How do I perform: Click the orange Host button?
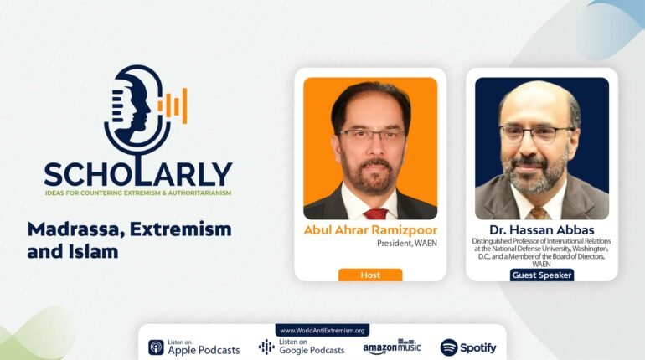tap(370, 275)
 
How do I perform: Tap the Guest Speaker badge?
tap(542, 275)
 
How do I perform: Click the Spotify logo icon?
tap(449, 347)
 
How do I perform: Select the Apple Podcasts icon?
tap(157, 347)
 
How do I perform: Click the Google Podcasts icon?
tap(266, 347)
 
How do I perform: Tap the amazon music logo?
tap(392, 347)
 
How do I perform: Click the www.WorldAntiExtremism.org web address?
tap(322, 331)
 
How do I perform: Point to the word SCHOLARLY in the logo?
tap(138, 174)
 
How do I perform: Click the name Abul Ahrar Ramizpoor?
tap(370, 230)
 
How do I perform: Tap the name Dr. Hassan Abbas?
tap(542, 229)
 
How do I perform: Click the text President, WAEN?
tap(407, 244)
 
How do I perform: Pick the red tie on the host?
tap(374, 213)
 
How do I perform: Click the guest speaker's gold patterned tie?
tap(539, 213)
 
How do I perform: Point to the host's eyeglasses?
tap(372, 135)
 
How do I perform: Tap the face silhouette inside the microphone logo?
tap(131, 108)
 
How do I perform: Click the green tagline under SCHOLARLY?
tap(138, 193)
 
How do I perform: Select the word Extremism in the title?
tap(181, 229)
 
